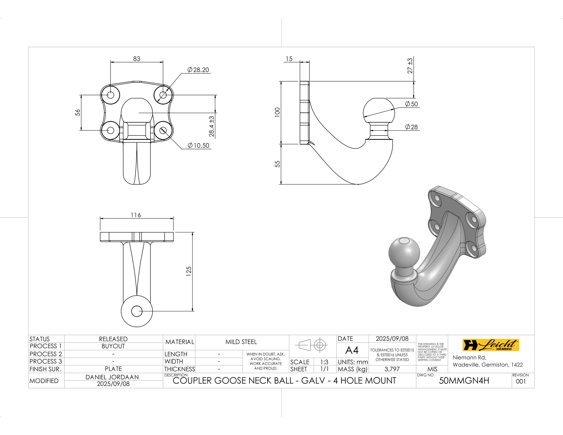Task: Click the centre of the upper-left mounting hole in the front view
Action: [x=111, y=95]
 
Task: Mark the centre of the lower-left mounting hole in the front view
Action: [x=111, y=130]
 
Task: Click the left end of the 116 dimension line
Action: [x=100, y=218]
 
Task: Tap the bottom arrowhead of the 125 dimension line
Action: [x=193, y=311]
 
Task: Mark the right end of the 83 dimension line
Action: [x=163, y=62]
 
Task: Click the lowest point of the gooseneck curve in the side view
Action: [x=358, y=184]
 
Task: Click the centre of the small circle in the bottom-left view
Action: [x=137, y=311]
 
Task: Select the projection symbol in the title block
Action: [x=313, y=344]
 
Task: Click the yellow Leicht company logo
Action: [x=490, y=345]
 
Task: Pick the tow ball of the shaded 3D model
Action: [x=404, y=253]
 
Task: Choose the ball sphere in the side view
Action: [x=379, y=111]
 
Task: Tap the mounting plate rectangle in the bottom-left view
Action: [x=137, y=237]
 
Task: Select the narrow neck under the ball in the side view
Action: [x=379, y=131]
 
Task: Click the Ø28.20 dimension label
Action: [x=198, y=70]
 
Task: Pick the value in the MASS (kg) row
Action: [x=392, y=369]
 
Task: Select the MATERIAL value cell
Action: [x=241, y=342]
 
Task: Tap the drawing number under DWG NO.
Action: [x=464, y=381]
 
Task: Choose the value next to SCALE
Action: [x=324, y=362]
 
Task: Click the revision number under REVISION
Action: [x=521, y=381]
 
